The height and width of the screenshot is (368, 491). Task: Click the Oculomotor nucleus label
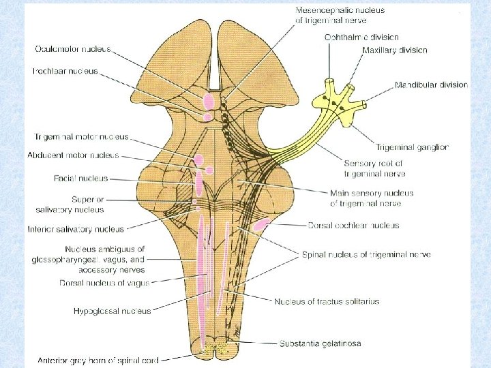click(x=72, y=50)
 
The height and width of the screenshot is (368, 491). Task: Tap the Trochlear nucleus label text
click(x=65, y=71)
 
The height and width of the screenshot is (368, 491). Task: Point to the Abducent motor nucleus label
click(x=73, y=155)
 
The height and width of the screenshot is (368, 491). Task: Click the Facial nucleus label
click(x=80, y=179)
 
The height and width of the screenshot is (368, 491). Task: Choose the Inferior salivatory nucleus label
click(x=76, y=229)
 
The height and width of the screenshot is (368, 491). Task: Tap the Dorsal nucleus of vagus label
click(x=104, y=283)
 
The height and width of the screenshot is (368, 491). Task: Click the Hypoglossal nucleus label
click(x=112, y=311)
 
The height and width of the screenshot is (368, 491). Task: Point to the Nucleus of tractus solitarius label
click(x=327, y=301)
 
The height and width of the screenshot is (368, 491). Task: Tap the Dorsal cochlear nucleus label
click(x=353, y=226)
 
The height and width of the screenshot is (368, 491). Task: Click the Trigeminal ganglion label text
click(x=412, y=147)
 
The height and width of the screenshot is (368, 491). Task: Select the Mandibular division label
click(x=431, y=85)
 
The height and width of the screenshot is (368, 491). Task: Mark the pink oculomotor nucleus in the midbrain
click(x=208, y=102)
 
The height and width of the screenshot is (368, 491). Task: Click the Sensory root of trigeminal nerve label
click(x=373, y=168)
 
